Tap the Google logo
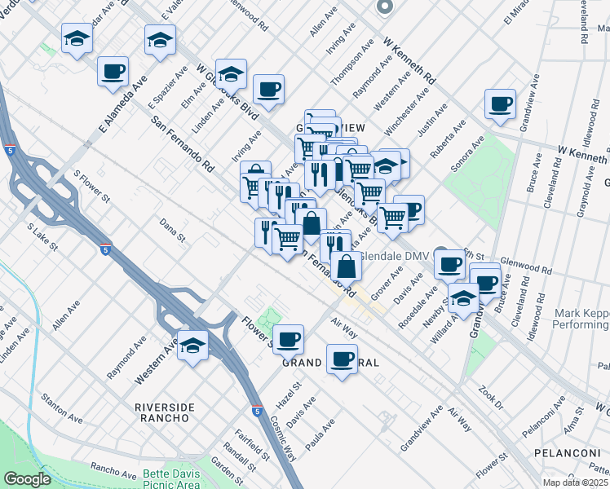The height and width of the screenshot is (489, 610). coord(28,479)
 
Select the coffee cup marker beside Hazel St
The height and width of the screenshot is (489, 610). coord(288,337)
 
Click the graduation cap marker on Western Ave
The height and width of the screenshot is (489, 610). coord(193,344)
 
